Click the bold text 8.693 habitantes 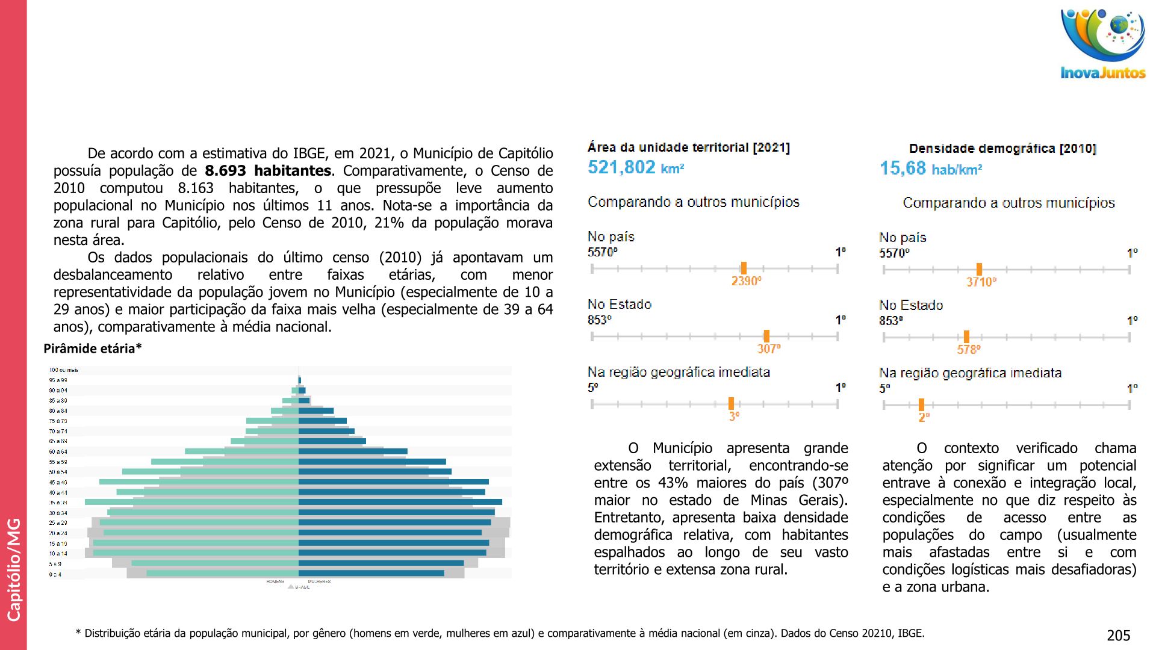coord(268,171)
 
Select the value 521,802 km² coord(635,167)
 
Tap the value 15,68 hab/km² coord(930,169)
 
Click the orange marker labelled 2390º coord(744,268)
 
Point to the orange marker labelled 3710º coord(979,270)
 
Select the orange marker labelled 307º coord(766,336)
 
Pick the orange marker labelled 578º coord(966,337)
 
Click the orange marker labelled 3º coord(731,404)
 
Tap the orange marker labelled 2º coord(921,405)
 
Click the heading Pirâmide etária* coord(93,348)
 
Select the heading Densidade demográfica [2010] coord(1002,149)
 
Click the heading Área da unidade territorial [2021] coord(689,147)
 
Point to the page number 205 coord(1118,636)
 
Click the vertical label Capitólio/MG coord(13,569)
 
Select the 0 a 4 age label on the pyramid coord(55,575)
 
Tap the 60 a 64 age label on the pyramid coord(58,451)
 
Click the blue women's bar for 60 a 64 coord(353,451)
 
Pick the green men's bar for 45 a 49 coord(199,482)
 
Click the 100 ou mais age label coord(63,370)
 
